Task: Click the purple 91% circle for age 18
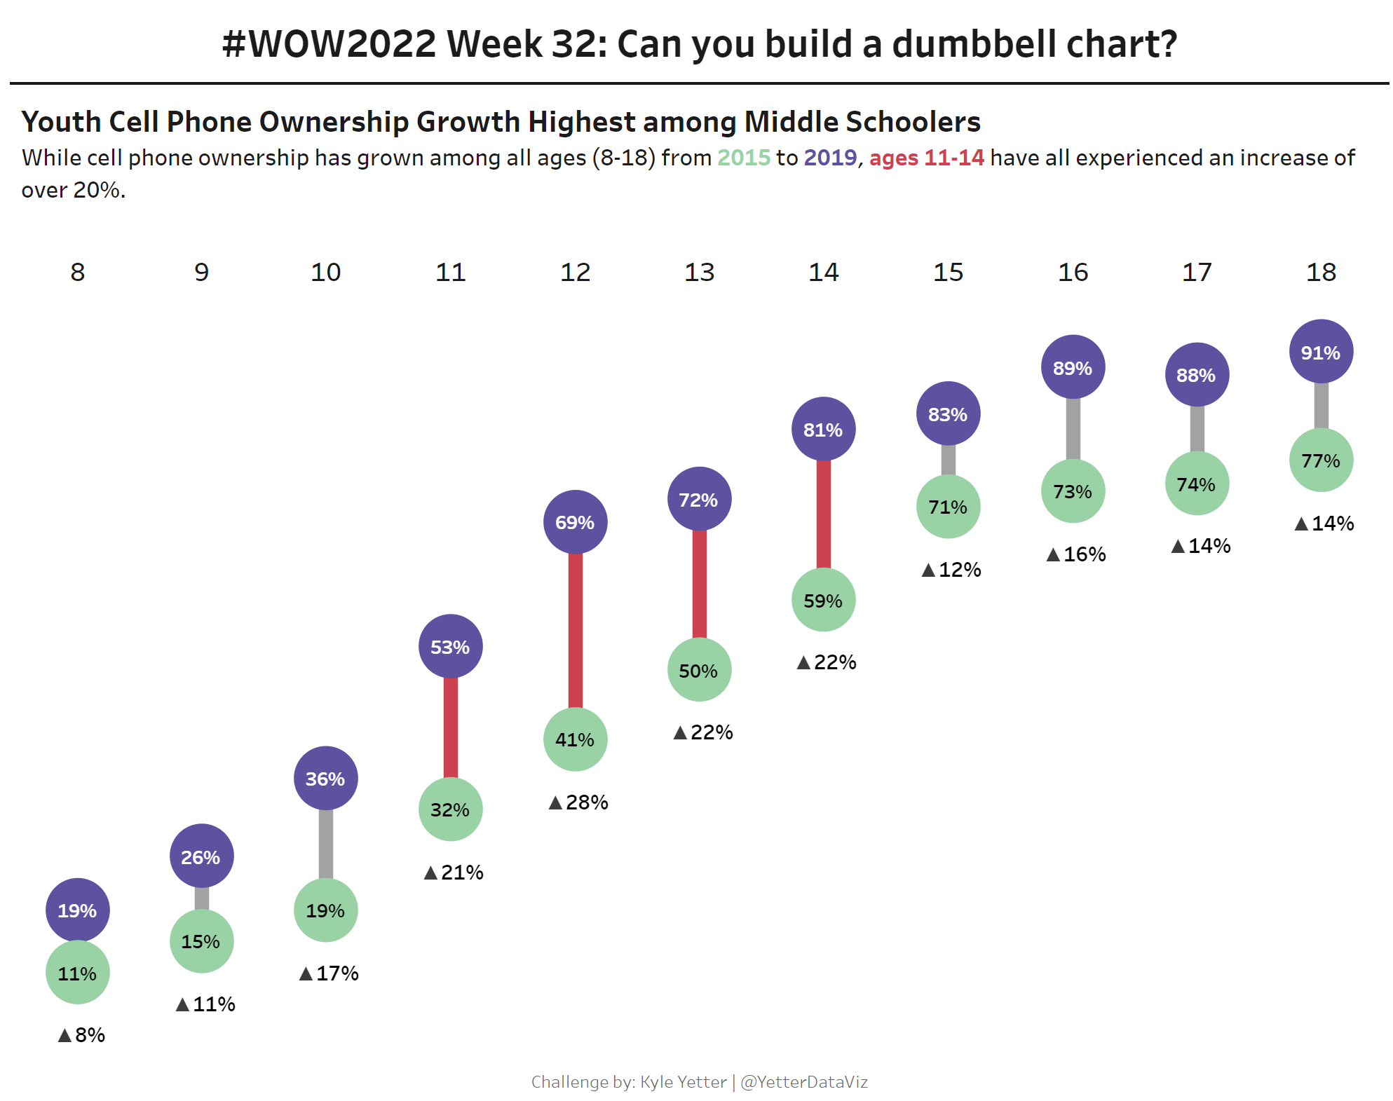(1321, 352)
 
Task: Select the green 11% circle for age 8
(77, 973)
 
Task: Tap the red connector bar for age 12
(575, 631)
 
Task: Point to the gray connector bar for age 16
(1073, 429)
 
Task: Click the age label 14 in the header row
(823, 272)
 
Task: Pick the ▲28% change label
(578, 802)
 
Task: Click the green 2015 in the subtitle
(743, 158)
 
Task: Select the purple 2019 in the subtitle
(830, 158)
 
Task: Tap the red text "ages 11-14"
(926, 158)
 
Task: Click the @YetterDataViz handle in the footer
(804, 1081)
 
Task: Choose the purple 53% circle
(450, 646)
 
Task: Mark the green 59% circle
(823, 600)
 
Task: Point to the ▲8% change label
(81, 1034)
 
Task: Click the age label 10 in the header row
(325, 272)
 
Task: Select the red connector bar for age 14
(824, 514)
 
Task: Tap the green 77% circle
(1321, 460)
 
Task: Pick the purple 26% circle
(201, 856)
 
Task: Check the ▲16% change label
(1076, 554)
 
